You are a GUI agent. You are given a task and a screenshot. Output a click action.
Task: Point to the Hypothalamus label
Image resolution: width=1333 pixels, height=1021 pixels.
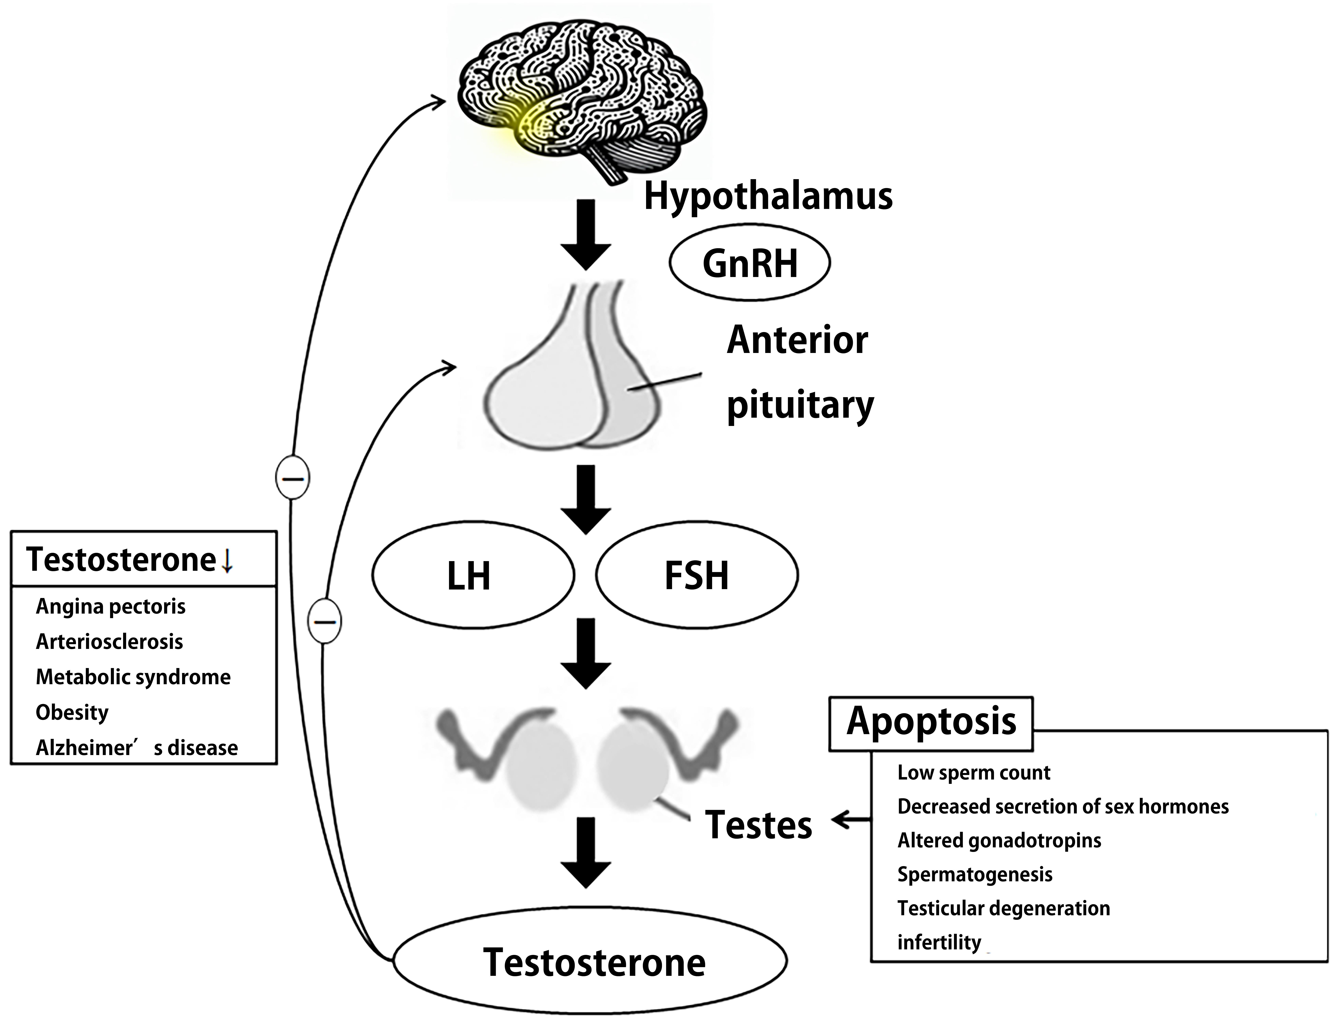pos(768,196)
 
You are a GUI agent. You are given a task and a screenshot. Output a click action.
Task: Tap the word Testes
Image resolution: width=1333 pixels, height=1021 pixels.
pos(758,825)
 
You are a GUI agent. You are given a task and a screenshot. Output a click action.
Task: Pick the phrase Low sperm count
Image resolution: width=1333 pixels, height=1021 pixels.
pos(973,772)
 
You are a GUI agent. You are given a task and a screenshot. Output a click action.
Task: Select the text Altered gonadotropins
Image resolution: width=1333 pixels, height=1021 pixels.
pos(999,840)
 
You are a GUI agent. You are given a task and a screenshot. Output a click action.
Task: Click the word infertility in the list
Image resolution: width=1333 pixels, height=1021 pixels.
pos(939,942)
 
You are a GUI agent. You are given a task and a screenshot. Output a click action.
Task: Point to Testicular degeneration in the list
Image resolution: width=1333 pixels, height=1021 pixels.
pos(1003,908)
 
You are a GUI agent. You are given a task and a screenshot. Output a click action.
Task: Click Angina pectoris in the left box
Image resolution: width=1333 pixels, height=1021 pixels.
pos(111,606)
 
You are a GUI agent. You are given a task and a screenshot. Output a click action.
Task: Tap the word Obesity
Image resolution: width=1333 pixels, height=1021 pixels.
pos(72,712)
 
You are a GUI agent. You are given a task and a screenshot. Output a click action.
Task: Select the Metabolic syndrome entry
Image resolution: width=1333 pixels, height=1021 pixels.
pos(133,677)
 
